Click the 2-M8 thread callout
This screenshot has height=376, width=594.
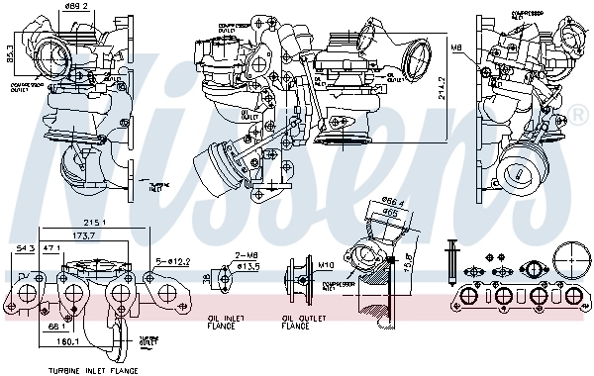246,256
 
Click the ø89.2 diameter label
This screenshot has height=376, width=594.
78,6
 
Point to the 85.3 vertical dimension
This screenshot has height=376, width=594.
8,48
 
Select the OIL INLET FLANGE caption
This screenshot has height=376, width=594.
225,322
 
